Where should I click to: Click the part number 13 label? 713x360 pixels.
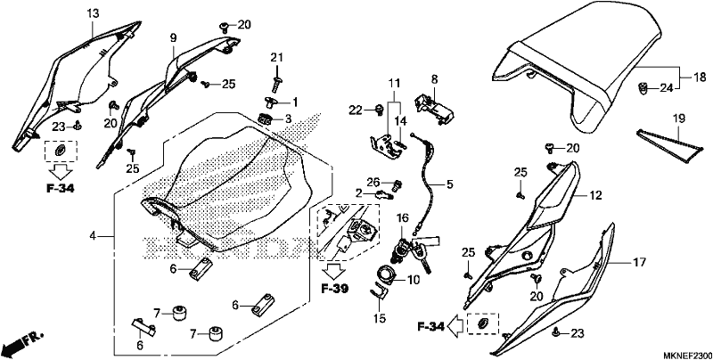(93, 14)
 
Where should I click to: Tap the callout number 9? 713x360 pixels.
(173, 38)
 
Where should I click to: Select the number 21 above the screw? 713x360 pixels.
(276, 57)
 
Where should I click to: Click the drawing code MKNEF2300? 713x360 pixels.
(686, 355)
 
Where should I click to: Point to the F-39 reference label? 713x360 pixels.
(335, 289)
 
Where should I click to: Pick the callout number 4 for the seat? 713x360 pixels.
(93, 236)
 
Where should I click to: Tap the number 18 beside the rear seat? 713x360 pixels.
(700, 76)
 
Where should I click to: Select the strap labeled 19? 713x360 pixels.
(668, 145)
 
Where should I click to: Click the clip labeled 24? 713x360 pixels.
(641, 88)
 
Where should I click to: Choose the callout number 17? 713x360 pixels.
(639, 262)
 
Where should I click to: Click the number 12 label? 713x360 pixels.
(595, 195)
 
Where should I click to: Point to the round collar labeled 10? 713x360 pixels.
(386, 274)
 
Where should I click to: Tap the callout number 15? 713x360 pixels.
(380, 318)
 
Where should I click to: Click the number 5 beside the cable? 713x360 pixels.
(450, 184)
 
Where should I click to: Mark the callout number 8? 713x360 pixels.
(435, 79)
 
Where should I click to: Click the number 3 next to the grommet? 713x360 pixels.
(288, 119)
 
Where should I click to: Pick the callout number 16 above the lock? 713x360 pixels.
(403, 218)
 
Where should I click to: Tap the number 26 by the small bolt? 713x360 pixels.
(373, 183)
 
